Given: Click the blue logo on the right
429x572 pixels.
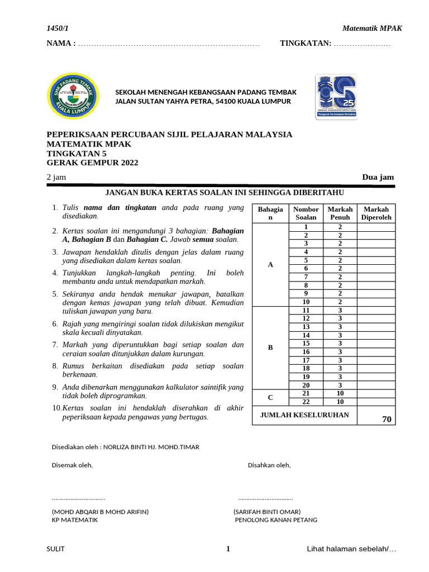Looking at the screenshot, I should [x=337, y=97].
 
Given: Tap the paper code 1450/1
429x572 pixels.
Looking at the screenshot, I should [x=56, y=29].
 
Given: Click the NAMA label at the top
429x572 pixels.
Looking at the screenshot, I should [x=61, y=44].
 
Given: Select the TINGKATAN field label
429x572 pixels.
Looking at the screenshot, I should [x=306, y=44].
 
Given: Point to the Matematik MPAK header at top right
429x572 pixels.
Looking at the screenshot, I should [x=371, y=29].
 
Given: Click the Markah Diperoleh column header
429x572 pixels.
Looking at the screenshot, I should [x=376, y=213].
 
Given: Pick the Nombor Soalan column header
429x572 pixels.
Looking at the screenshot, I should [x=306, y=213].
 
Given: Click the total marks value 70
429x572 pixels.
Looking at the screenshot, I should [x=387, y=420].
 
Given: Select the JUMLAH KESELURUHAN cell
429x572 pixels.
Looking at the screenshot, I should [x=304, y=415].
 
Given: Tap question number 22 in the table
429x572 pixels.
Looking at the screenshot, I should [x=306, y=402].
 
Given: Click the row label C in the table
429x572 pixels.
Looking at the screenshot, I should [x=270, y=398].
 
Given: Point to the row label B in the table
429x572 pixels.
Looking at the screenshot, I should [x=270, y=347].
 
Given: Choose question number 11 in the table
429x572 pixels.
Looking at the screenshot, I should [x=306, y=311].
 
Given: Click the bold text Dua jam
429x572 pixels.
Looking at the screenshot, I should [x=378, y=177].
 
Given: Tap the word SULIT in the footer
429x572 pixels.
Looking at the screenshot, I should [x=55, y=549].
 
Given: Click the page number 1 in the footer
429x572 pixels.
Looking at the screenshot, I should [x=228, y=549].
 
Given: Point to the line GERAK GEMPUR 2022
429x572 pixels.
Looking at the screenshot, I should [x=92, y=163].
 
